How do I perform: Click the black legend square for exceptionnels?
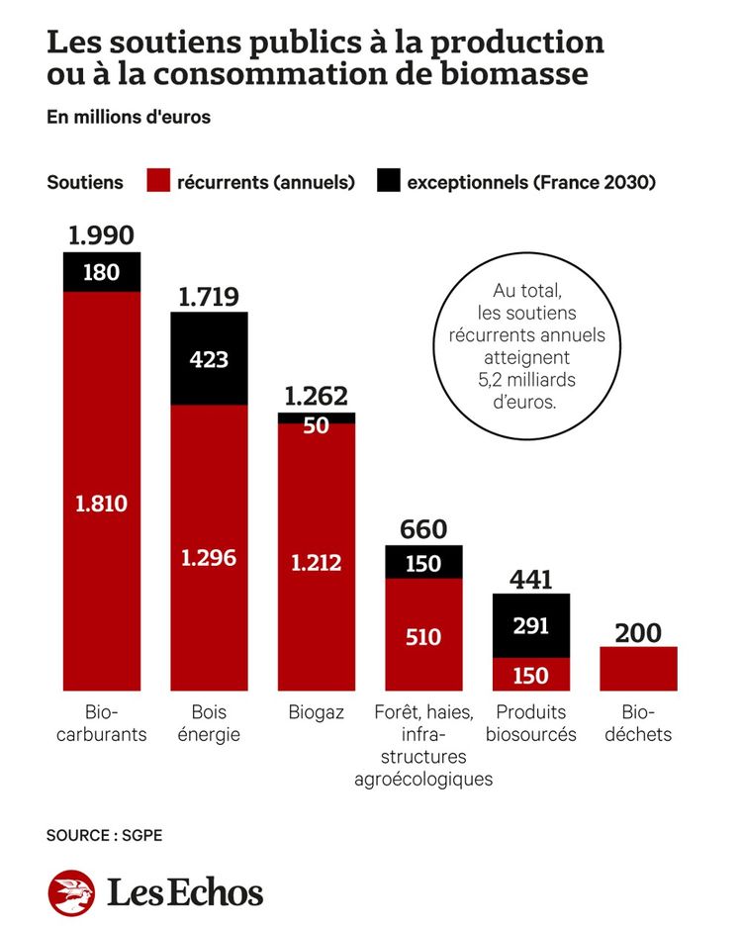tap(388, 181)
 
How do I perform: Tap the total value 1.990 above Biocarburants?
tap(101, 235)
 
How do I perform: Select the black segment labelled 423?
tap(209, 358)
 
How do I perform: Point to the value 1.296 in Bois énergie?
tap(209, 557)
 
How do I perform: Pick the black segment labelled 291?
tap(530, 626)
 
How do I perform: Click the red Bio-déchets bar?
tap(638, 669)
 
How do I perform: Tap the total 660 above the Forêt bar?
tap(423, 529)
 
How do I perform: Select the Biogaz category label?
tap(317, 712)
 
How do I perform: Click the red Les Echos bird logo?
tap(71, 893)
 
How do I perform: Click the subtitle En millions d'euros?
tap(129, 117)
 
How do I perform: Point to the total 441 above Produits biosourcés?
tap(530, 580)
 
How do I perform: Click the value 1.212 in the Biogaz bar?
tap(317, 563)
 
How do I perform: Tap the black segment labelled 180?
tap(101, 272)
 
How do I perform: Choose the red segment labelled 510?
tap(423, 637)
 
